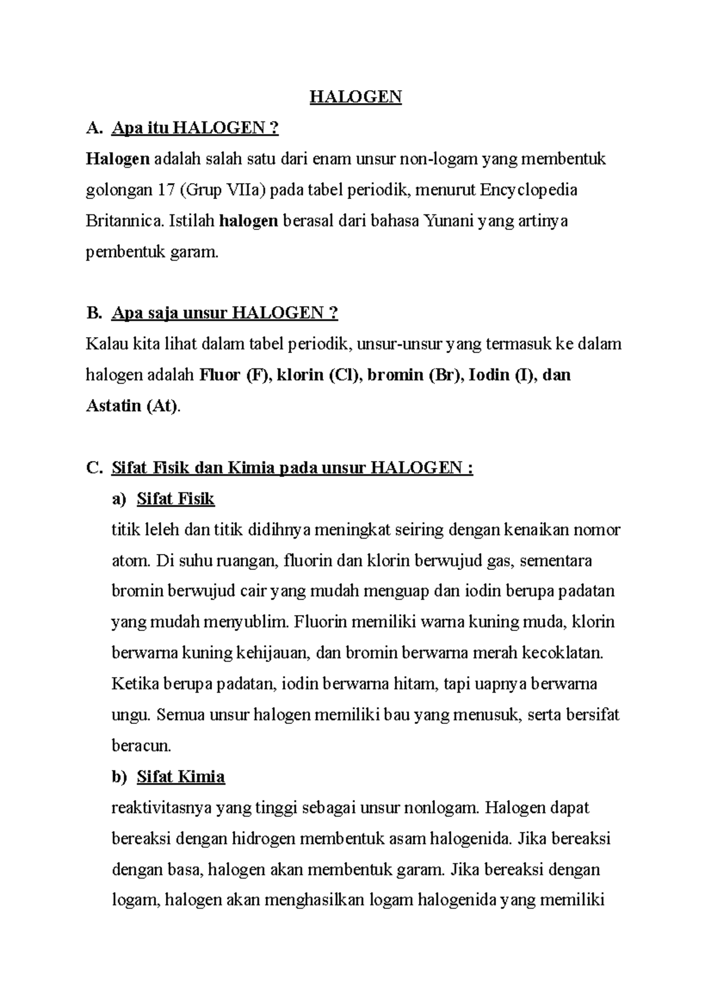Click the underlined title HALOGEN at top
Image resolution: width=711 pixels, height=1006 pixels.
pos(355,97)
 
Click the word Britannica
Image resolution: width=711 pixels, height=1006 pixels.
pos(125,221)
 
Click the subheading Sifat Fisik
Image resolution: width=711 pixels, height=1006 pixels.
pos(175,499)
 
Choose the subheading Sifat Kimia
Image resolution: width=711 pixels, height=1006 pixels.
pos(181,777)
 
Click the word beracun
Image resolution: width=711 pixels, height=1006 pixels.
pos(141,745)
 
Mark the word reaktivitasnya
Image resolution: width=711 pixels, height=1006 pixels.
pos(162,808)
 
